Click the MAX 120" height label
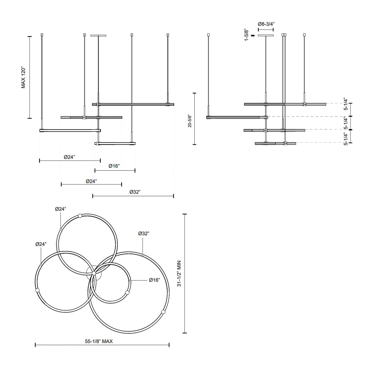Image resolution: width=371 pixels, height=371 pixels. pyautogui.click(x=23, y=78)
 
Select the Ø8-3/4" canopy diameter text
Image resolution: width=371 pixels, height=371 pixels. pyautogui.click(x=266, y=24)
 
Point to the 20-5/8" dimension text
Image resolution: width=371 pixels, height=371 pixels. pyautogui.click(x=189, y=119)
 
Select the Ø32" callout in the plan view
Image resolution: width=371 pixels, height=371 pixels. pyautogui.click(x=143, y=234)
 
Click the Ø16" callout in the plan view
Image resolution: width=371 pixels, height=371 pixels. pyautogui.click(x=155, y=280)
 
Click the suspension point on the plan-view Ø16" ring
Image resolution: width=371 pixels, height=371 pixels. pyautogui.click(x=127, y=292)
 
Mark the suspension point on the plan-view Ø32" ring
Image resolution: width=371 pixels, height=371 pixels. pyautogui.click(x=163, y=312)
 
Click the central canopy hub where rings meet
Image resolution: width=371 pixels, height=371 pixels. pyautogui.click(x=94, y=273)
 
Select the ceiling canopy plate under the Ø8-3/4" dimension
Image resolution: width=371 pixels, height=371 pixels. pyautogui.click(x=266, y=35)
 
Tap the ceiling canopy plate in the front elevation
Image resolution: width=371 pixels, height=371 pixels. pyautogui.click(x=98, y=35)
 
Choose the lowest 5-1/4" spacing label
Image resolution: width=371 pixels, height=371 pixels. pyautogui.click(x=346, y=139)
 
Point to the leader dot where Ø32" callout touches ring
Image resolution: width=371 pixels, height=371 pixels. pyautogui.click(x=143, y=255)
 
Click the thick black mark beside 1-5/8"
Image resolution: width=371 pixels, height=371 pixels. pyautogui.click(x=253, y=35)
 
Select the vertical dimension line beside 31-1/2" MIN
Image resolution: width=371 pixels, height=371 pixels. pyautogui.click(x=185, y=273)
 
